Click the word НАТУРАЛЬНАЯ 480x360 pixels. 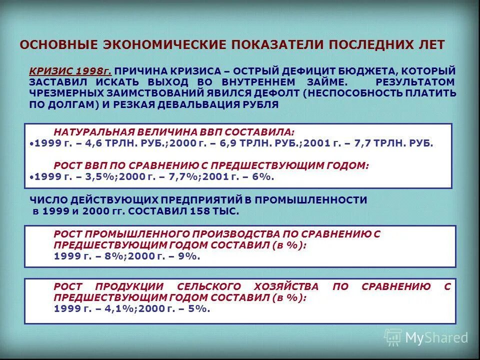[x=91, y=132]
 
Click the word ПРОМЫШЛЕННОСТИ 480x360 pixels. [x=312, y=200]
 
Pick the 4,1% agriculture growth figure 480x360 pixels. [x=116, y=308]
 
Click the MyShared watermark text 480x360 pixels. [x=436, y=338]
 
